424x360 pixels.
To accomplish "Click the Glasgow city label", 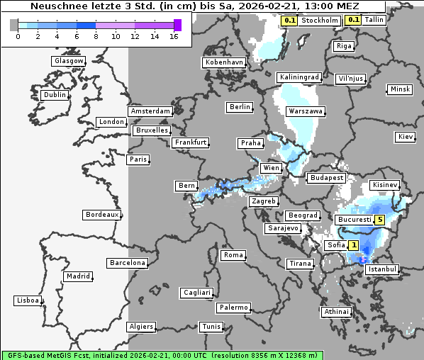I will pos(69,61).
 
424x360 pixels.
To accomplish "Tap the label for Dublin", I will pos(55,95).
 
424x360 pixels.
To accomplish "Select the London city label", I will pos(111,122).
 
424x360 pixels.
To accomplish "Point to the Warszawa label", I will pos(306,111).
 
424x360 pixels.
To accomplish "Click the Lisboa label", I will pos(28,300).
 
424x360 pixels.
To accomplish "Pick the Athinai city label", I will pos(336,312).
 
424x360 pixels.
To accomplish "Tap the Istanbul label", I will pos(383,269).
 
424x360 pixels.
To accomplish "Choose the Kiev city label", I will pos(406,136).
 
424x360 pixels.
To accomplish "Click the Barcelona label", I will pos(127,263).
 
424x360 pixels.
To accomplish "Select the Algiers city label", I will pos(140,327).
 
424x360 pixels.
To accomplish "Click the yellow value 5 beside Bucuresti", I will pos(380,220).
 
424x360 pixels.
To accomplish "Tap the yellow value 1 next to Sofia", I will pos(353,245).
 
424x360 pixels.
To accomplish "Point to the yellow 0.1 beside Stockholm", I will pos(289,21).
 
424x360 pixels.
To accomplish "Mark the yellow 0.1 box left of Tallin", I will pos(353,20).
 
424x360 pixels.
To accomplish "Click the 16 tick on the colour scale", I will pos(174,36).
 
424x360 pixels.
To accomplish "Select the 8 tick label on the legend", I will pos(96,36).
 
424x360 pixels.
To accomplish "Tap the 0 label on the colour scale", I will pos(17,36).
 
